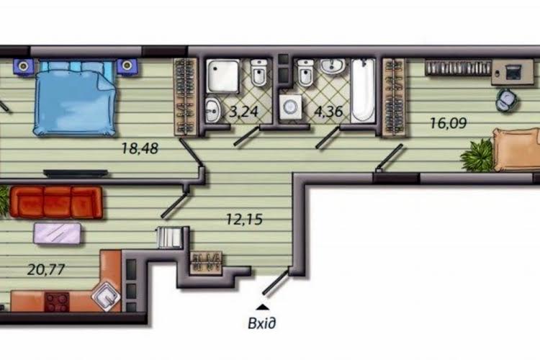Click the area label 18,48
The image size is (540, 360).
tap(140, 148)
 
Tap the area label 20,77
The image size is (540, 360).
tap(46, 269)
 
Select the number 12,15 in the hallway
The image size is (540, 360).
tap(244, 219)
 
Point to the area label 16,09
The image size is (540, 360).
tap(449, 123)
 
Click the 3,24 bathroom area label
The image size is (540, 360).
tap(243, 112)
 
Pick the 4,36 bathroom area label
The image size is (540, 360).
tap(328, 112)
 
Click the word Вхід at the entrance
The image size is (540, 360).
tap(262, 323)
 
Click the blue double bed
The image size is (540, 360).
tap(74, 97)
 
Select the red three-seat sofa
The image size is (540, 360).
tap(56, 202)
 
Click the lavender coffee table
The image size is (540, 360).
tap(58, 233)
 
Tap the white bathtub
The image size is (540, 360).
tap(363, 89)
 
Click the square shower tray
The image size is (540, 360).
tap(222, 76)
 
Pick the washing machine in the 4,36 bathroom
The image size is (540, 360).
tap(290, 107)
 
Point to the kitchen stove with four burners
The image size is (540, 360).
tap(57, 302)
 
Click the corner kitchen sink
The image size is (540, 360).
tap(107, 297)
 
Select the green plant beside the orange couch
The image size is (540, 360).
tap(477, 156)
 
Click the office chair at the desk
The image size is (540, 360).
tap(507, 99)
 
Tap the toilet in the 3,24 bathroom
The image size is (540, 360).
tap(258, 73)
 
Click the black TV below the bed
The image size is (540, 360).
tap(76, 174)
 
